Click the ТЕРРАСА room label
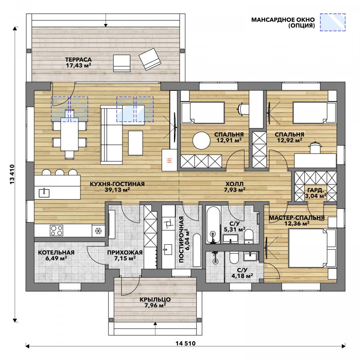tap(78, 60)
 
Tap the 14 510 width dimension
tap(186, 344)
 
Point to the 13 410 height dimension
tap(12, 174)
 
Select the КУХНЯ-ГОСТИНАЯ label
tap(117, 184)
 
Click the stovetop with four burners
tap(56, 230)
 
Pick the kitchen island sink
tap(44, 192)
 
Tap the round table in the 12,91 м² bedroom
tap(201, 140)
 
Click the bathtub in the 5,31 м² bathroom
tap(214, 225)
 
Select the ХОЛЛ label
tap(234, 184)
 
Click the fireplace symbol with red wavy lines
tap(169, 160)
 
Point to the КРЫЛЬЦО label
tap(155, 300)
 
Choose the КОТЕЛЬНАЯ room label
tap(56, 252)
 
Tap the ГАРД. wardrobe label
tap(316, 190)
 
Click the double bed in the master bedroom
tap(312, 248)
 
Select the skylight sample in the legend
tap(333, 22)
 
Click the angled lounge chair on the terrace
tap(150, 59)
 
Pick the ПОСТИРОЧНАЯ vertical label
tap(181, 239)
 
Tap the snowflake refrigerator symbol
tap(98, 231)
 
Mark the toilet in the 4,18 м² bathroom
tap(234, 258)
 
